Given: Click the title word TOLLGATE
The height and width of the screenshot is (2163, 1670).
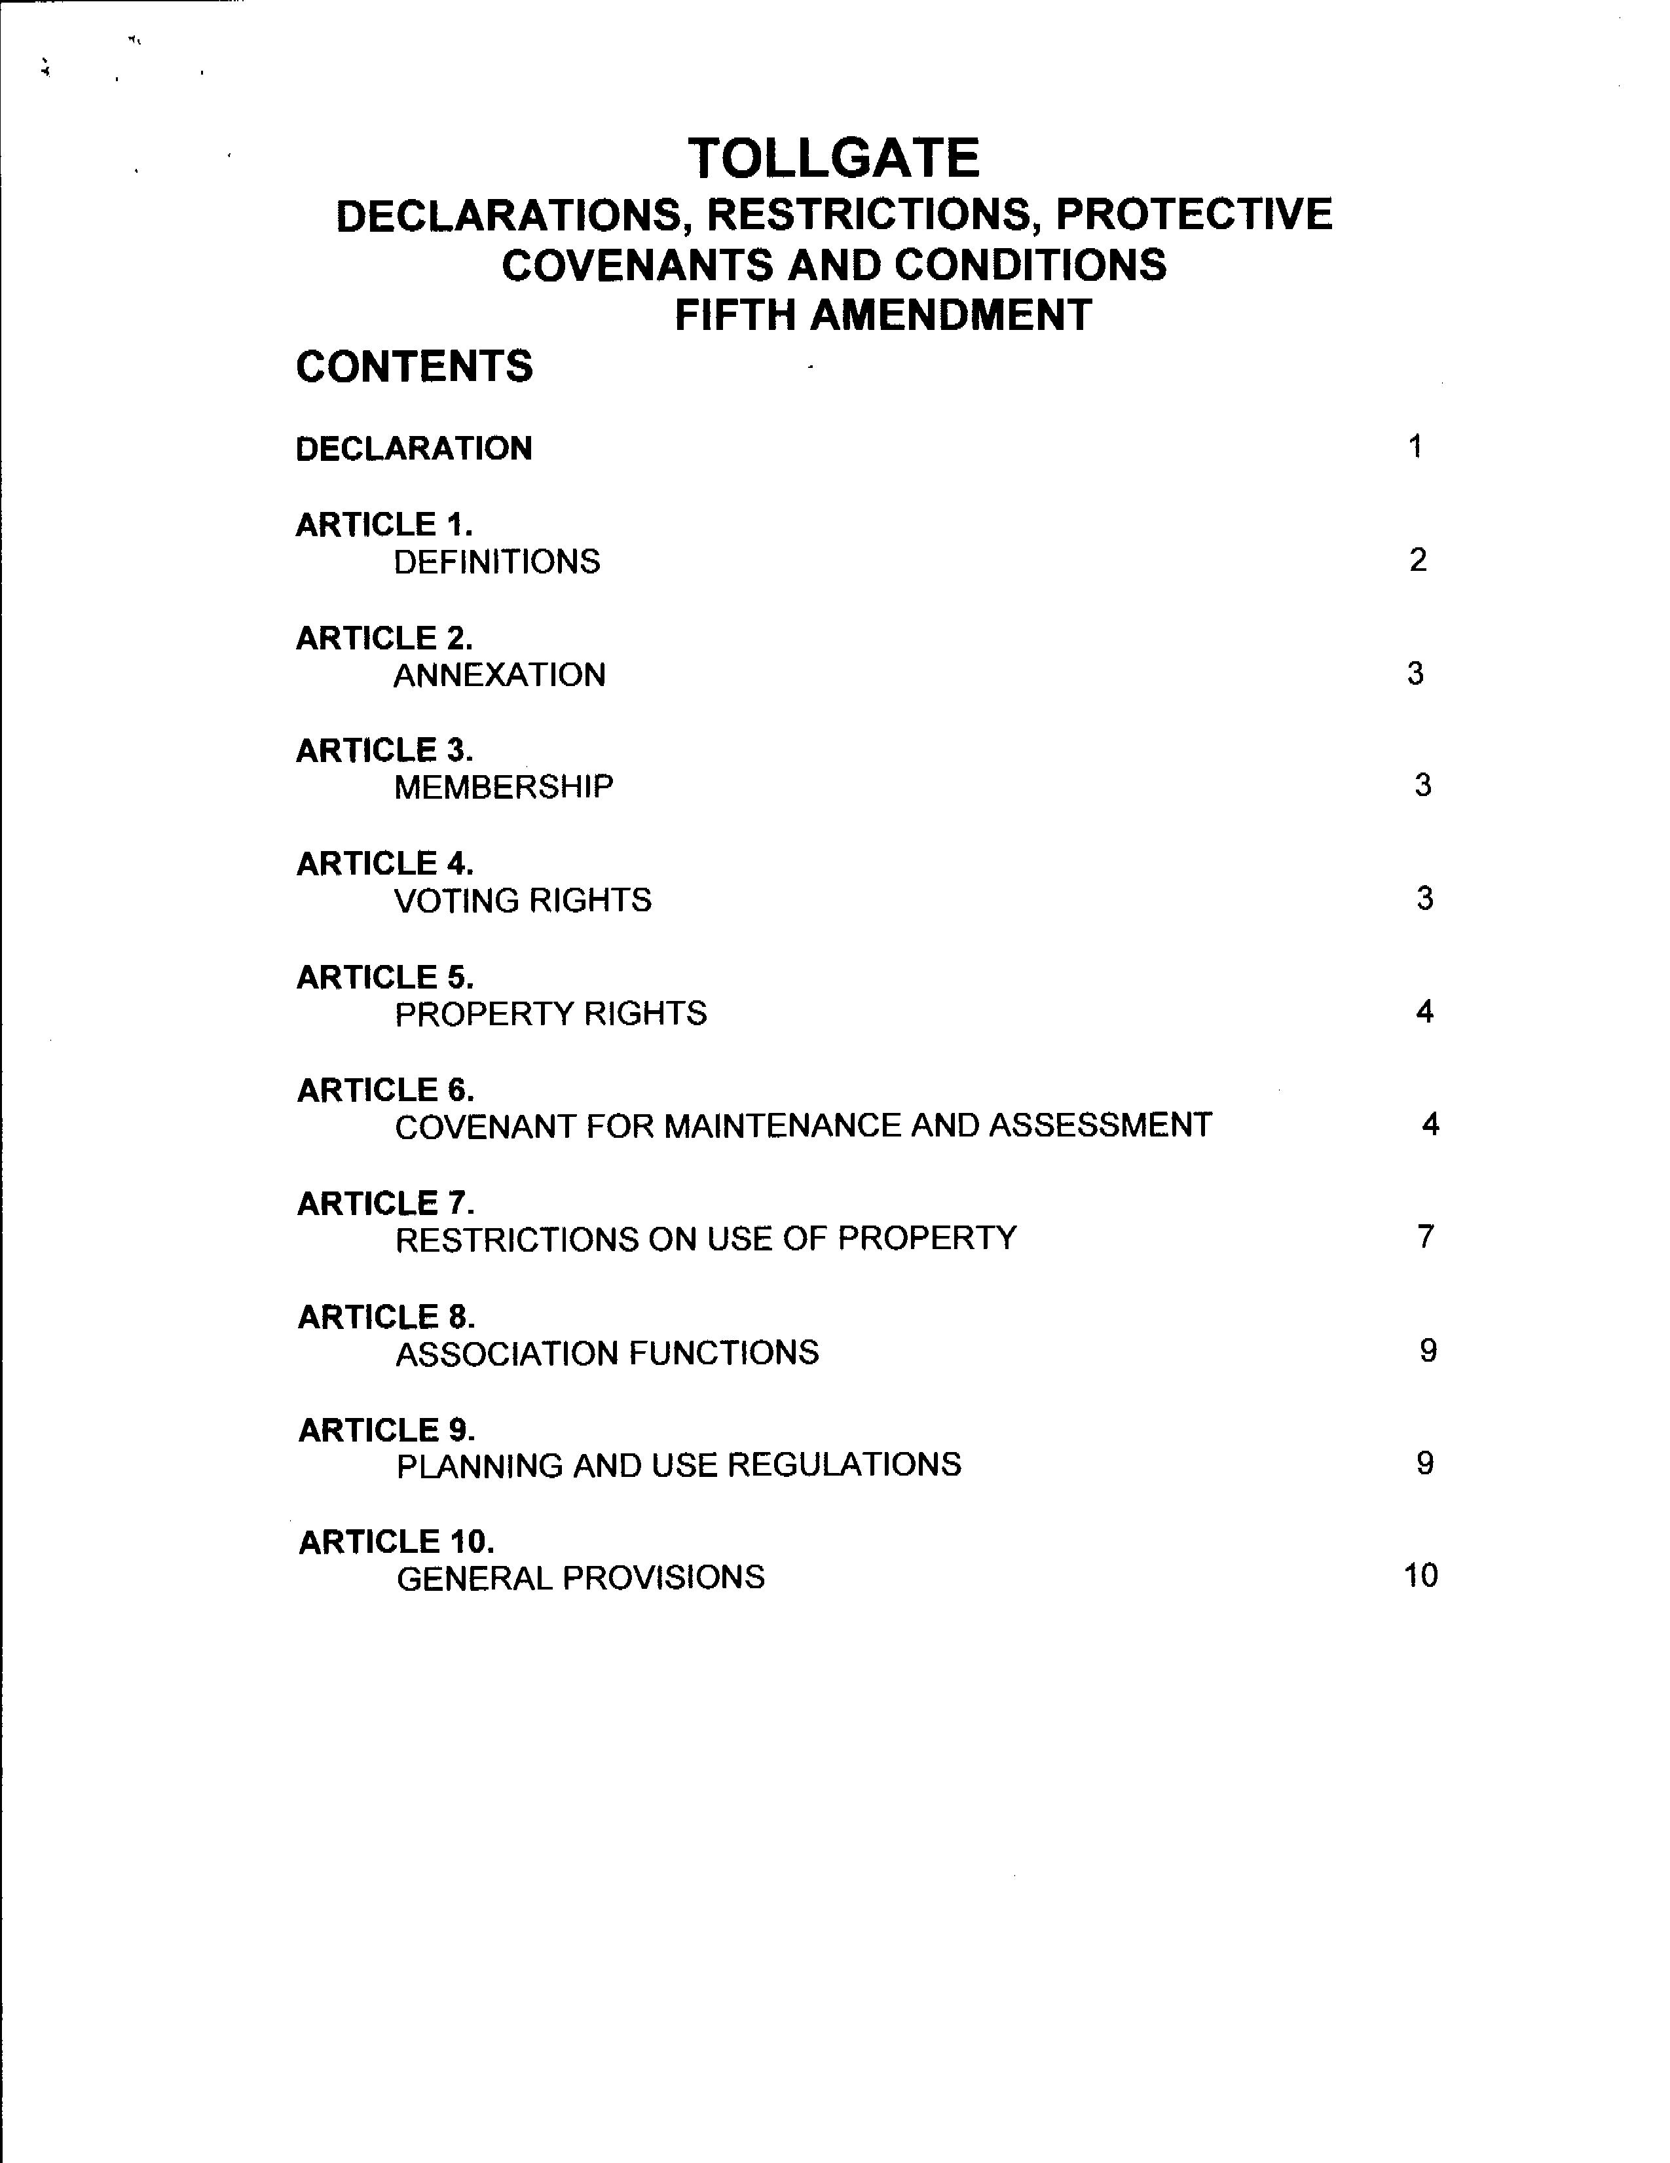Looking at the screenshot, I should point(834,158).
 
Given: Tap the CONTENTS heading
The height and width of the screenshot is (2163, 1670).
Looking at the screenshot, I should point(414,367).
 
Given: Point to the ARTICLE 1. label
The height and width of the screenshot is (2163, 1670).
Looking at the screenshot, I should point(384,525).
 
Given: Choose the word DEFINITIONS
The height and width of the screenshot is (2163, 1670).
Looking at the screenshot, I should point(497,562).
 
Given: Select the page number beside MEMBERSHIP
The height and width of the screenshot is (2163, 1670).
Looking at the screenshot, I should point(1422,786).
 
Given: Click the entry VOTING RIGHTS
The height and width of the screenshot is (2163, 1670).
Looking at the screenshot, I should point(523,900).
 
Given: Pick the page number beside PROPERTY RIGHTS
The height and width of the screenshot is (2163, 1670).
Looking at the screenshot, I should point(1424,1011).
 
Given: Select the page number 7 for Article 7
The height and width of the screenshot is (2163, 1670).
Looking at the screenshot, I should point(1425,1237).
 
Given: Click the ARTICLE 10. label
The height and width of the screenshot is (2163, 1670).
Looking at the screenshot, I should point(396,1542).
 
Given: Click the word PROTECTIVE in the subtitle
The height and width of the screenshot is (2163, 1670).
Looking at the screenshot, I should point(1194,215).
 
